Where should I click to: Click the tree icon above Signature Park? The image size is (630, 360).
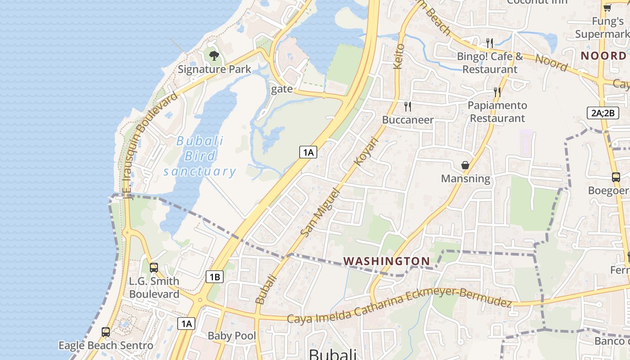click(214, 56)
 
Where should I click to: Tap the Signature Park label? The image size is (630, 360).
click(214, 69)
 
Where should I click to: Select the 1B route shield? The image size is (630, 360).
click(215, 276)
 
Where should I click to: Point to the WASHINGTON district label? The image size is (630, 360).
click(387, 261)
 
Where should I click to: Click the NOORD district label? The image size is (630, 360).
click(603, 56)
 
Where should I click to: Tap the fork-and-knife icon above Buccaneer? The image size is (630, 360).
click(408, 107)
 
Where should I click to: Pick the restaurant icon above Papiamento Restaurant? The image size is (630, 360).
click(497, 92)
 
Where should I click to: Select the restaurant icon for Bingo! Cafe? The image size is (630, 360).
click(490, 43)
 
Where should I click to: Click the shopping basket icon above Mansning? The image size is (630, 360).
click(465, 165)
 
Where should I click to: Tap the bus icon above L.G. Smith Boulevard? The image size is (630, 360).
click(154, 267)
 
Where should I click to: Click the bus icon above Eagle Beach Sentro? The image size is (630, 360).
click(106, 332)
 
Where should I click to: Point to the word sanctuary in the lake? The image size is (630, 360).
click(199, 171)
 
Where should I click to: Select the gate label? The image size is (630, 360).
click(282, 89)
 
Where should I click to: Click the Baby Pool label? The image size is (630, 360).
click(232, 336)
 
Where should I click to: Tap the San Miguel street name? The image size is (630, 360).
click(319, 212)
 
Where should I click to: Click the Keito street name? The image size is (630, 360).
click(399, 56)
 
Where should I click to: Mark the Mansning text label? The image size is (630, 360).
click(465, 179)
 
